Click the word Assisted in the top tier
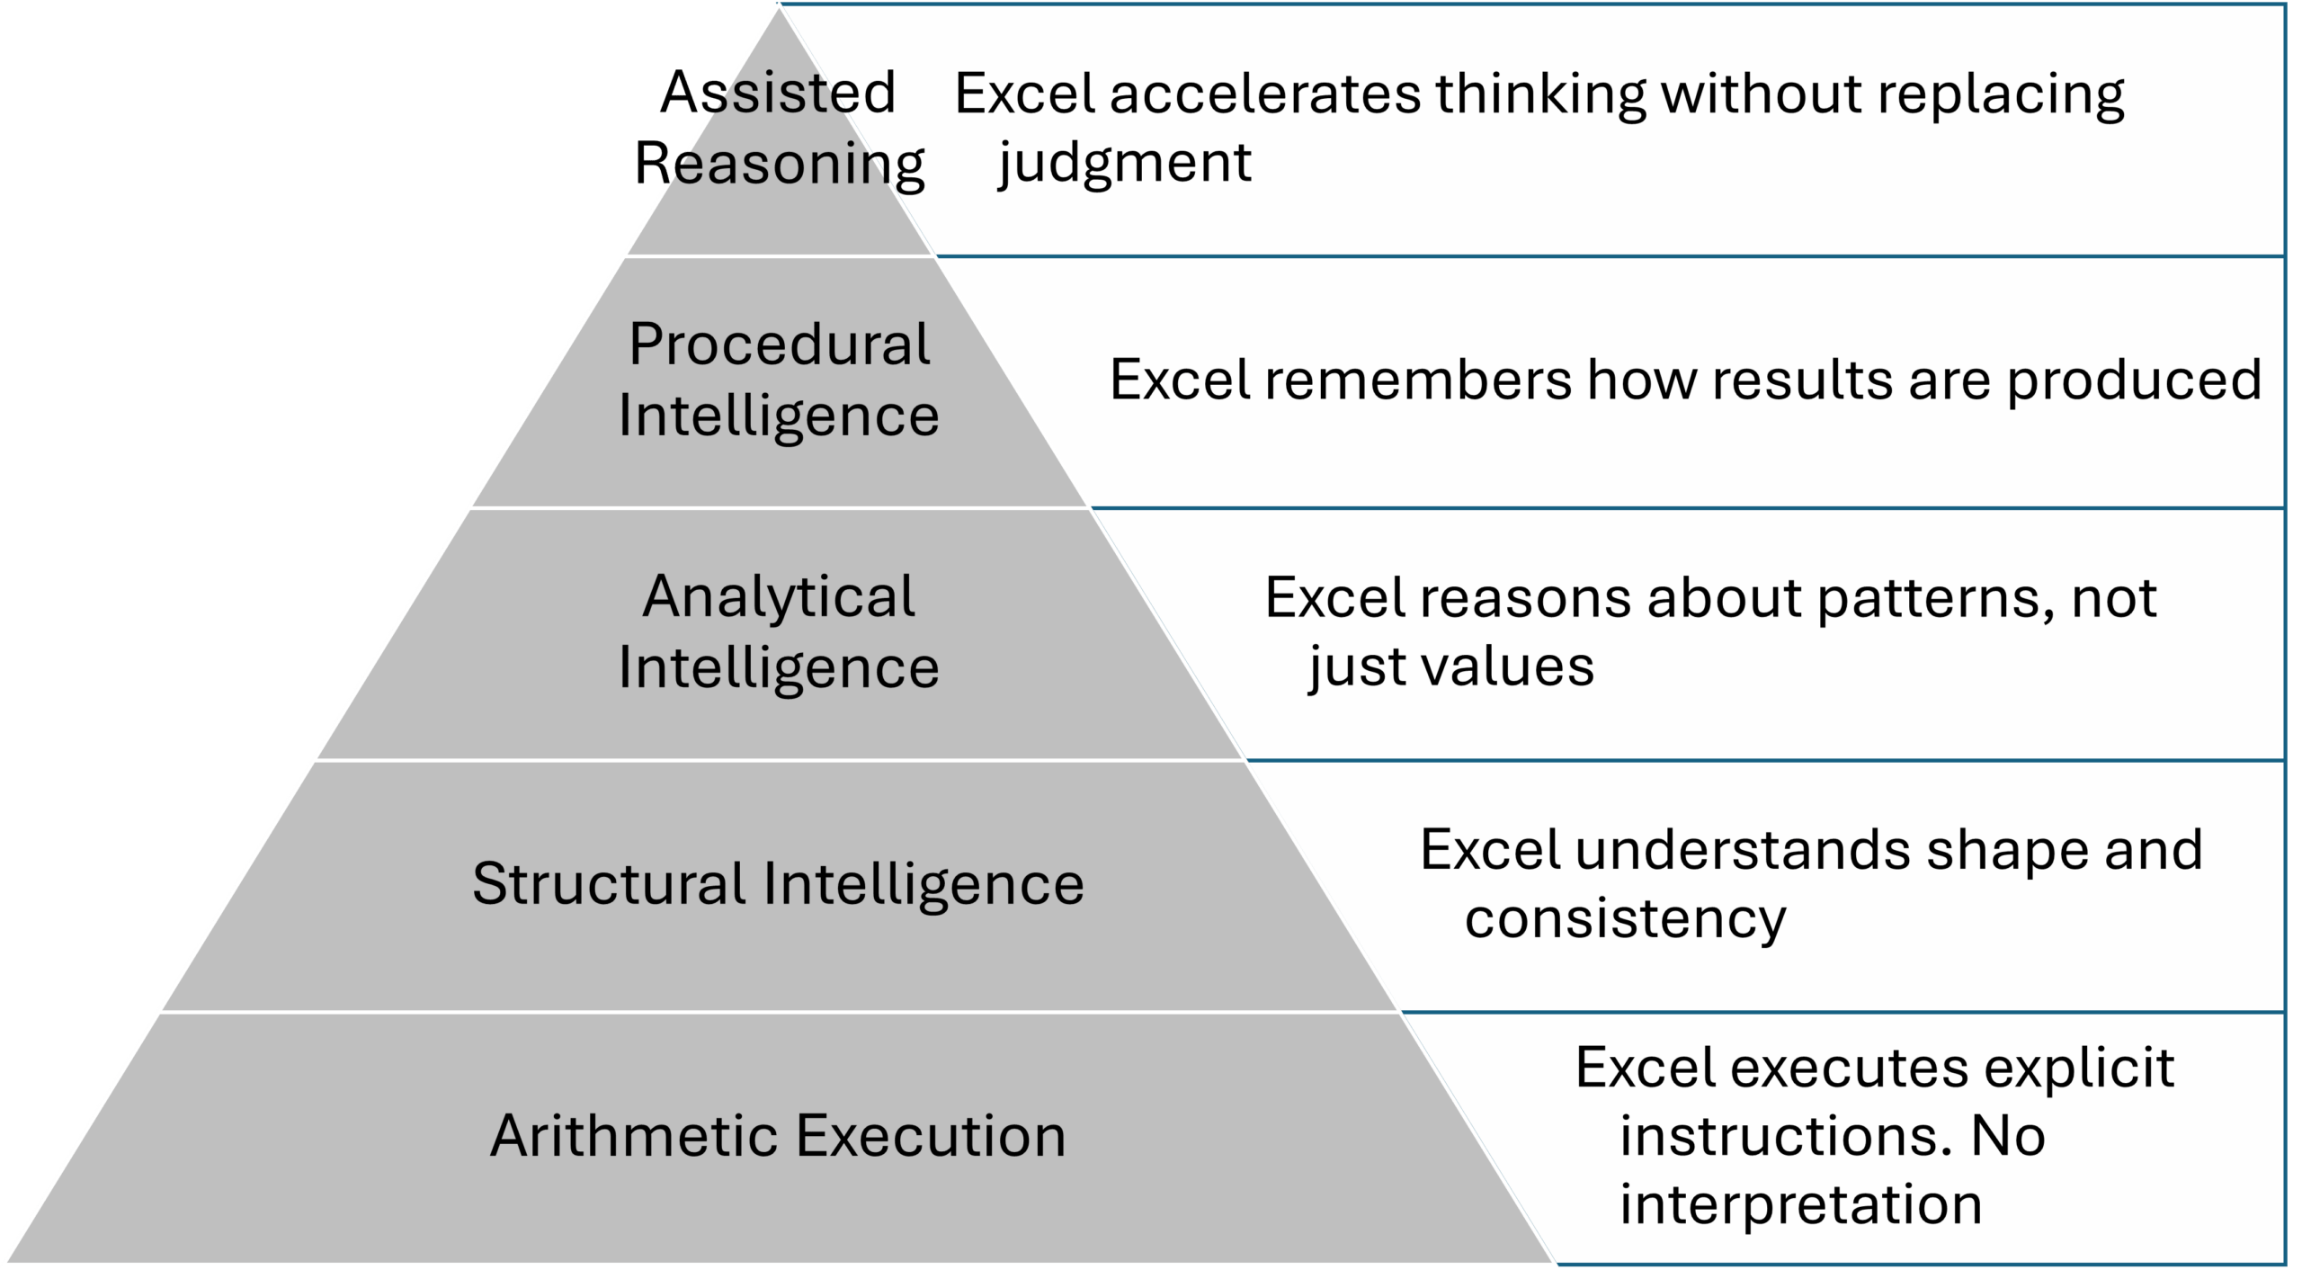(779, 92)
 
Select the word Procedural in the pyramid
(779, 344)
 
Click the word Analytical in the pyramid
(779, 596)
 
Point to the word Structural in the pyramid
(608, 883)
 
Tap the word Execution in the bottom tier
(931, 1135)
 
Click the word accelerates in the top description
(1264, 93)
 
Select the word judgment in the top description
(1125, 163)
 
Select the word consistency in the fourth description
(1625, 919)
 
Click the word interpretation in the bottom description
(1801, 1204)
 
